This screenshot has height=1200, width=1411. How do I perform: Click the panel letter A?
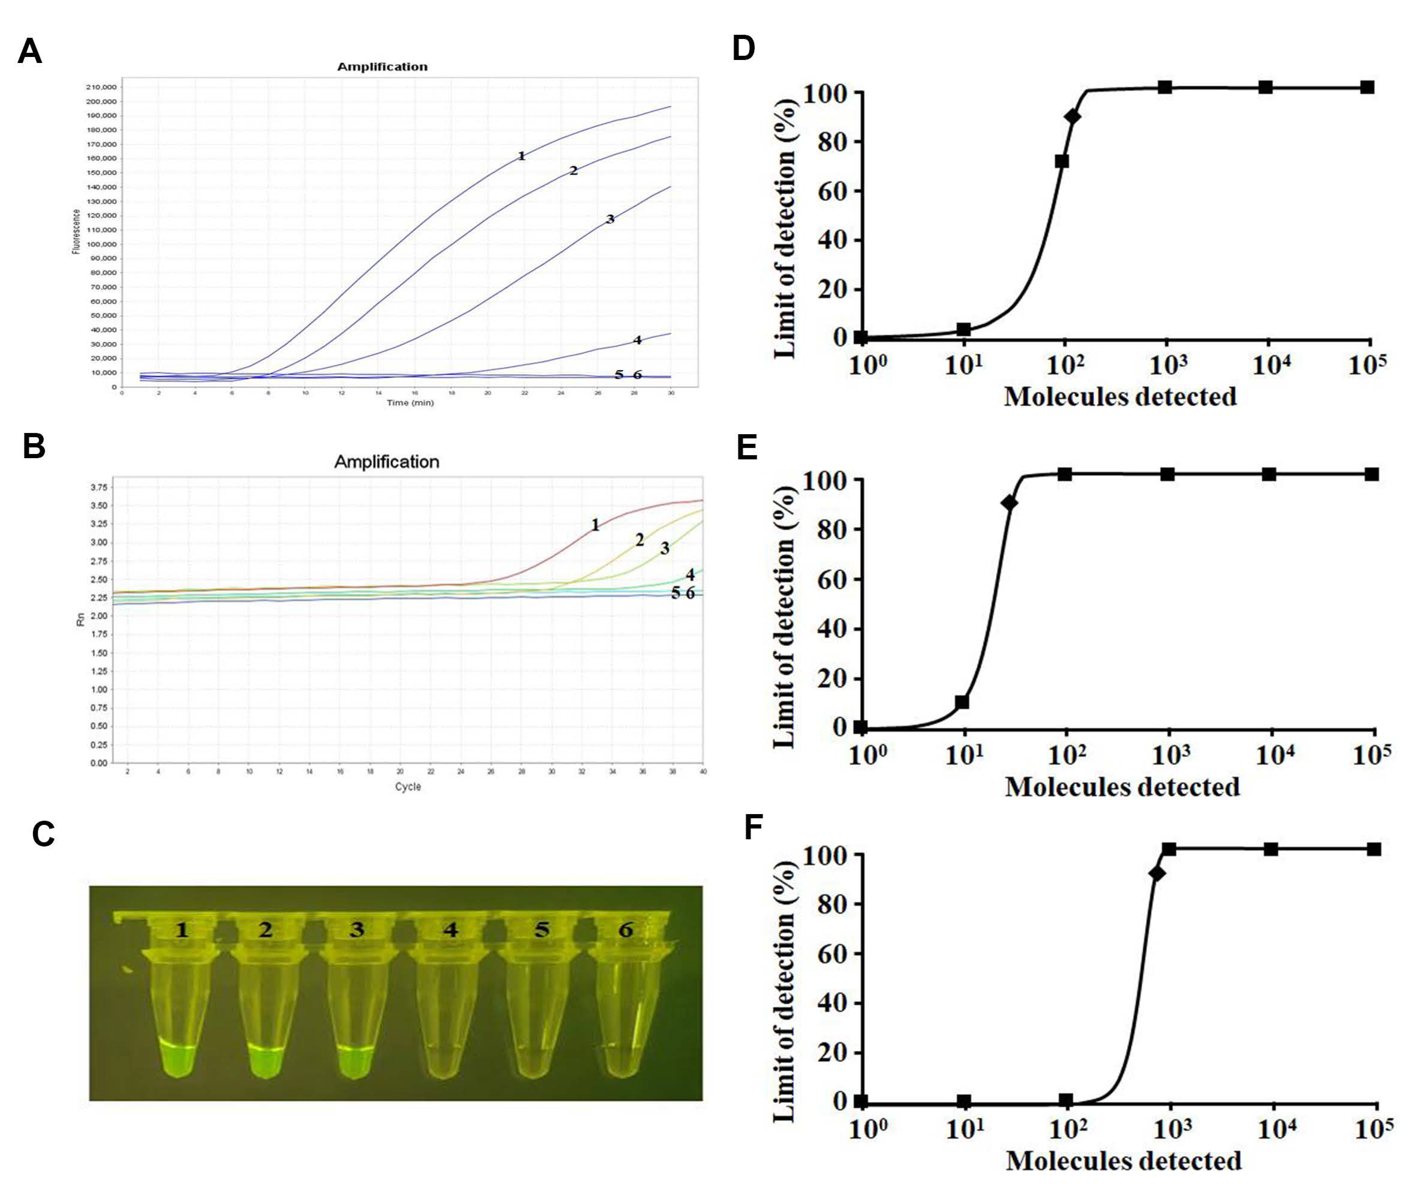30,52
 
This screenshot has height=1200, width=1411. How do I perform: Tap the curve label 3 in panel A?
610,219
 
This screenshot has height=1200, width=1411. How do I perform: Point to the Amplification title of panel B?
386,462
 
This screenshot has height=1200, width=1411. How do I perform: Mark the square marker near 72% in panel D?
1061,161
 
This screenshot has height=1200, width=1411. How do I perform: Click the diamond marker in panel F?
1157,873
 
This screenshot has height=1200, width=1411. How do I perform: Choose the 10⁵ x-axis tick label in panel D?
1368,365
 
